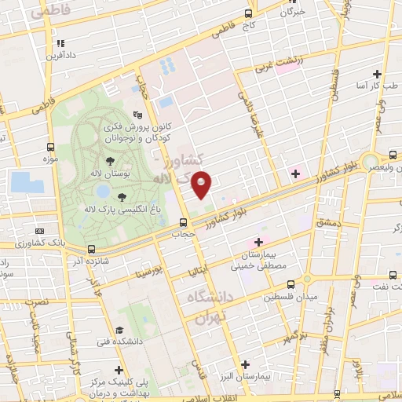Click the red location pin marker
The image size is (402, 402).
tap(202, 184)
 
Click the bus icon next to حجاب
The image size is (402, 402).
tap(182, 221)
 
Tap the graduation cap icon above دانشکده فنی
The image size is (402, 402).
tap(119, 330)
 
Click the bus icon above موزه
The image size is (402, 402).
tap(51, 146)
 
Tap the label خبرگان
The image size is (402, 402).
tap(292, 13)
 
